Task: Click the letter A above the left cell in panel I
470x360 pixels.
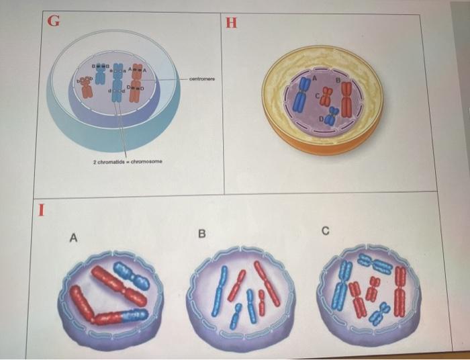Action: (73, 237)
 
